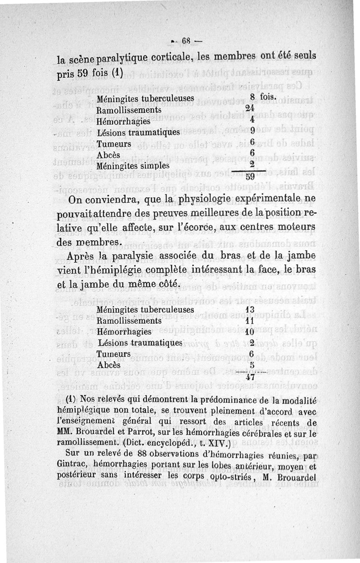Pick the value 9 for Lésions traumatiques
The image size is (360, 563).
coord(252,131)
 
